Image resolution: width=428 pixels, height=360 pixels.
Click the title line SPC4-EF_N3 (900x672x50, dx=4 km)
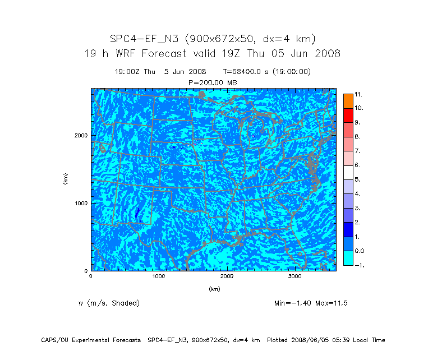213,39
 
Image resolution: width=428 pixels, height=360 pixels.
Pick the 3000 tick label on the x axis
295,276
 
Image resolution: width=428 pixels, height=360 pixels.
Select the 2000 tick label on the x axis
227,276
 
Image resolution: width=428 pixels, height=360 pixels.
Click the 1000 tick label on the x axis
159,276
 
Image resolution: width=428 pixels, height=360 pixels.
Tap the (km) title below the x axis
214,289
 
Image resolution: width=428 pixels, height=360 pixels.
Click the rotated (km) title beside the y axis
66,179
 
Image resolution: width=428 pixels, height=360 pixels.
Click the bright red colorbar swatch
348,115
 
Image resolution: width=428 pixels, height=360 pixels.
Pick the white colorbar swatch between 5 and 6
348,172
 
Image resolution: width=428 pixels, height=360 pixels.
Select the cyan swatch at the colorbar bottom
348,258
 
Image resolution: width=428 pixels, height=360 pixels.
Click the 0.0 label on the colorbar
359,251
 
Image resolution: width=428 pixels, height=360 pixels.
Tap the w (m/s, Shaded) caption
109,303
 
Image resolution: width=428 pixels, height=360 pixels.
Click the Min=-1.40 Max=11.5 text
311,303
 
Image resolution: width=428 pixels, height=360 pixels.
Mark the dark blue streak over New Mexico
137,213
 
